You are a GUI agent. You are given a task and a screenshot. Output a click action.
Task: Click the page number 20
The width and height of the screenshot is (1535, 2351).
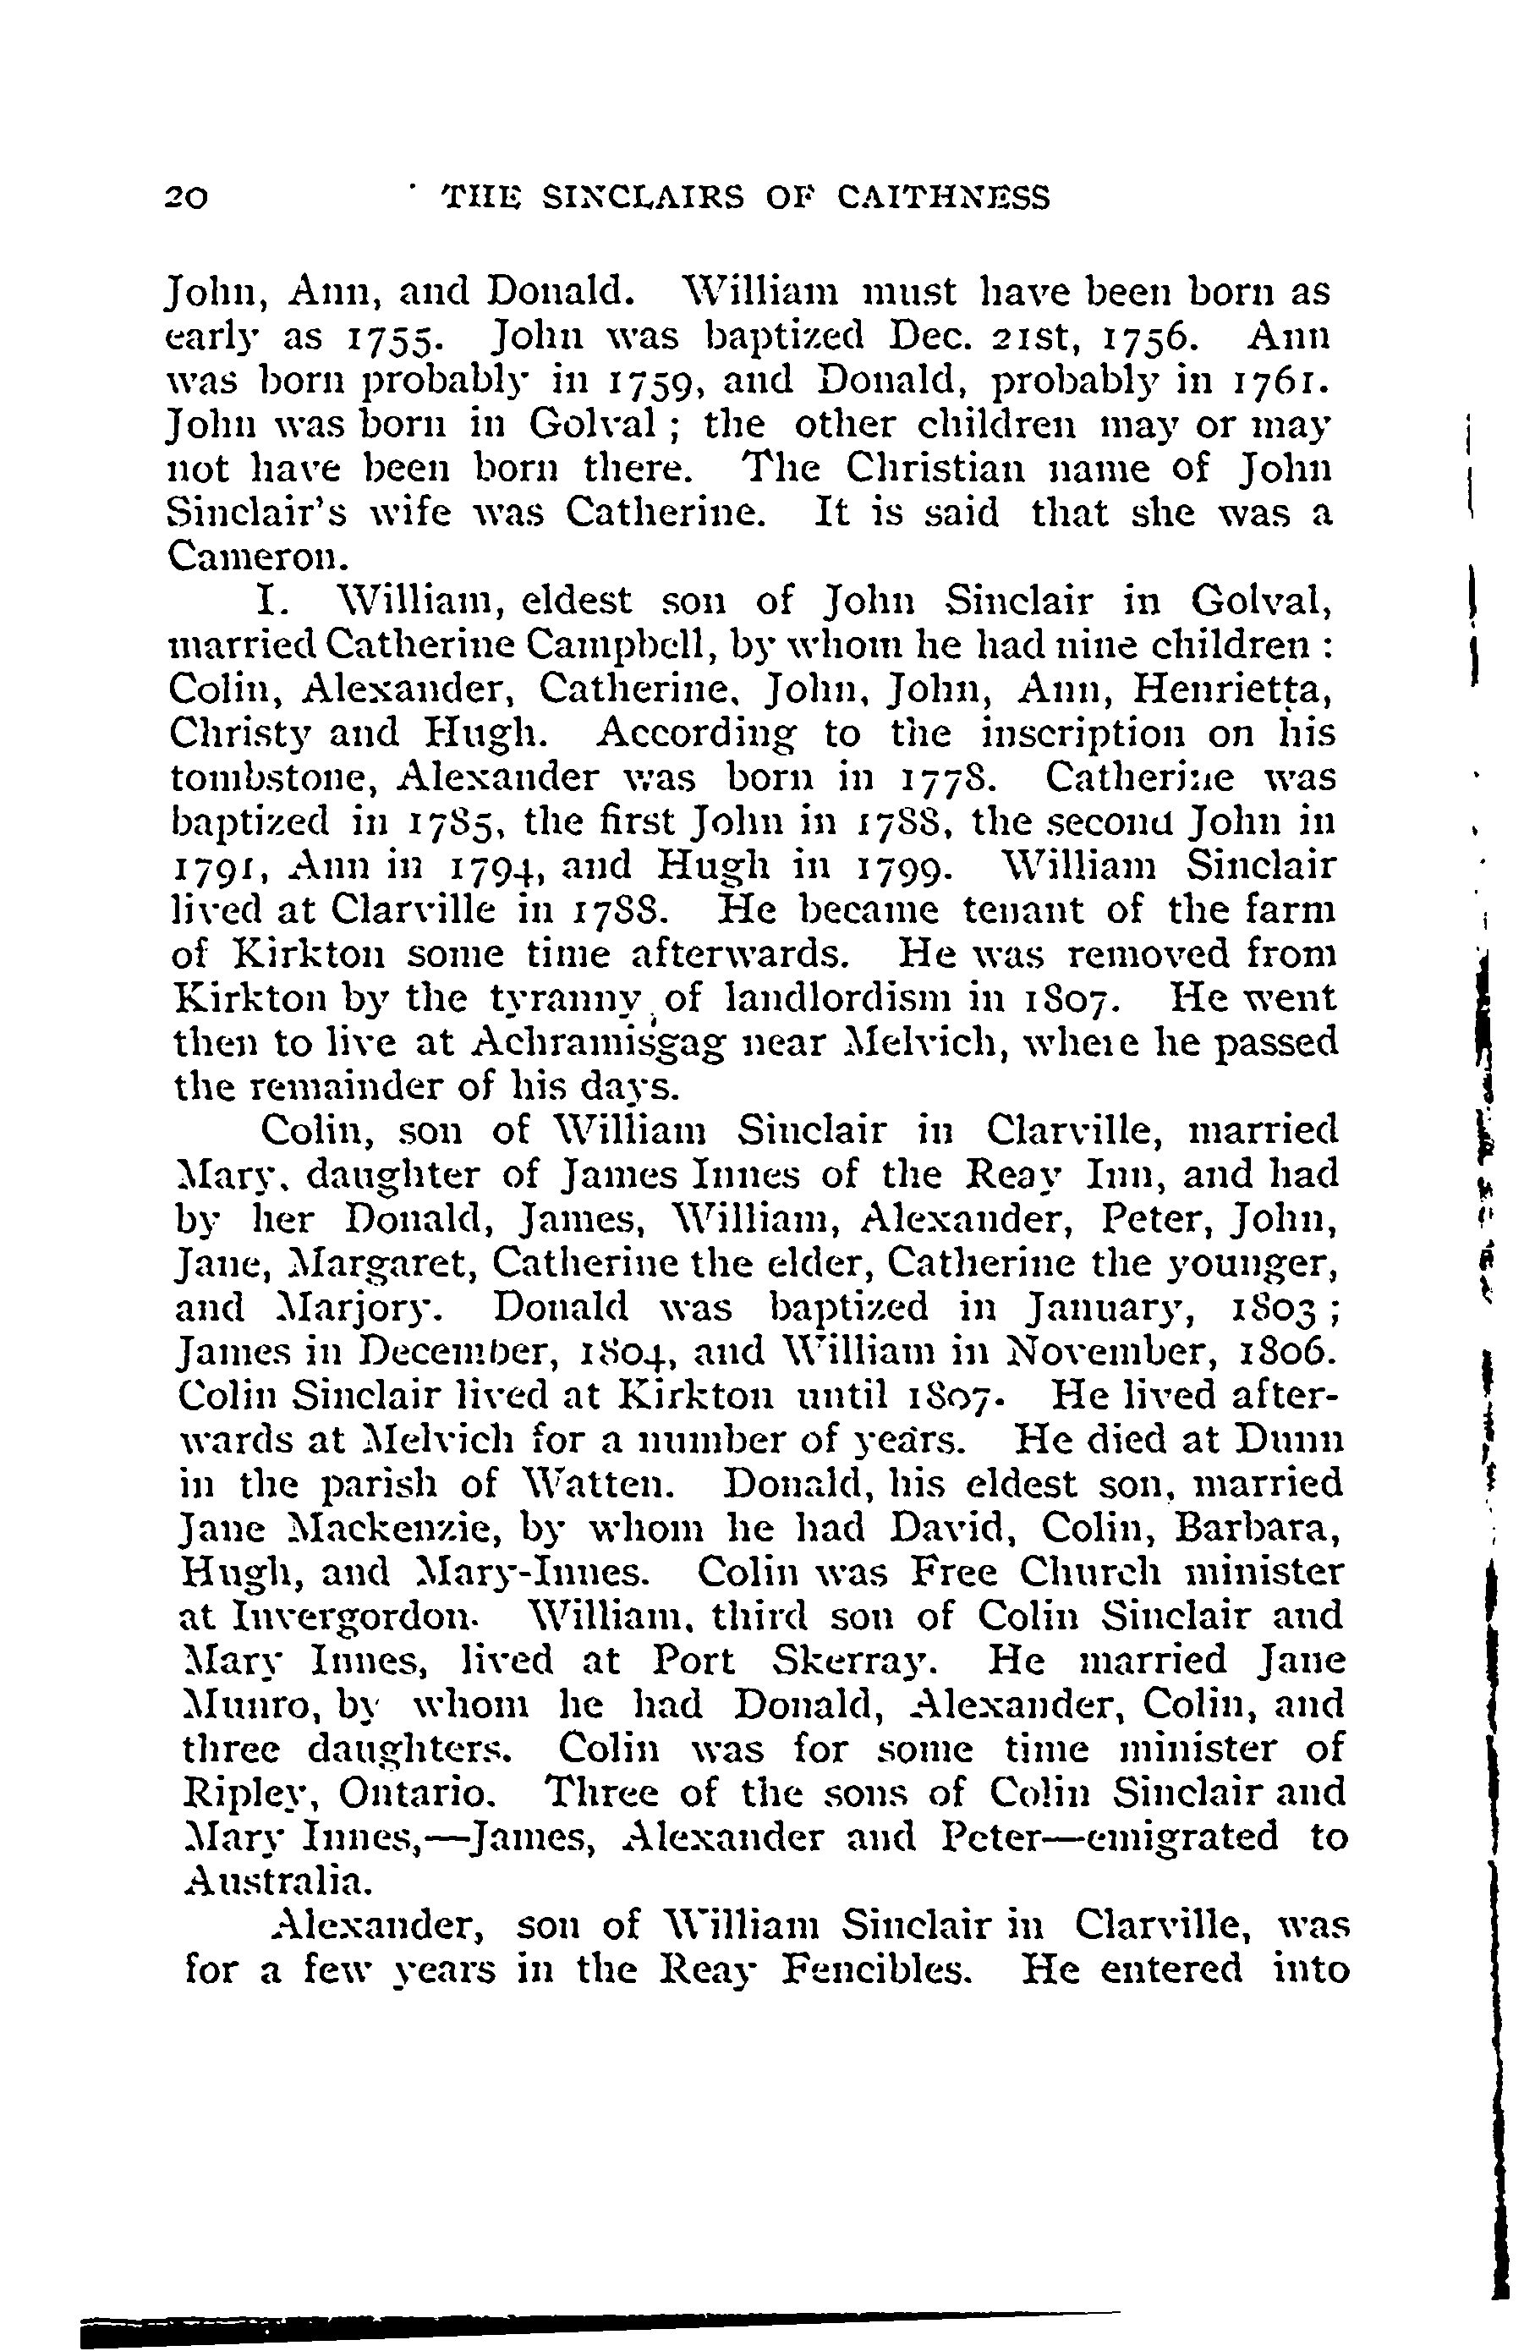click(x=186, y=199)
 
